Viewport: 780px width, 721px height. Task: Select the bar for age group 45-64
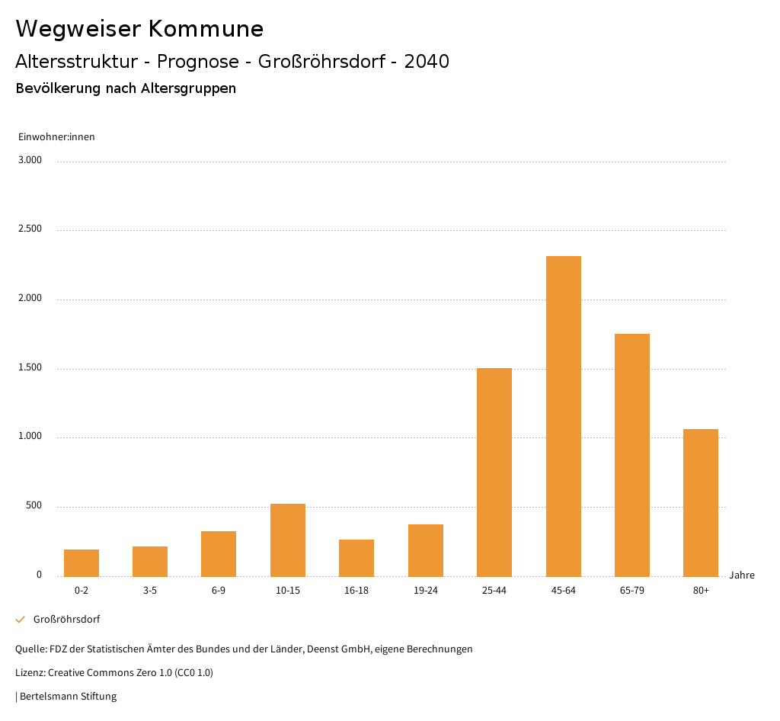(x=563, y=416)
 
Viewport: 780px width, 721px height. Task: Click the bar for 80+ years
(x=701, y=502)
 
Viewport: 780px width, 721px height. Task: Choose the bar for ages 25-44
(x=494, y=472)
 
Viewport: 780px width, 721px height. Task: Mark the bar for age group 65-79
(x=632, y=455)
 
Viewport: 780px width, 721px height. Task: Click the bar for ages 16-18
(x=356, y=558)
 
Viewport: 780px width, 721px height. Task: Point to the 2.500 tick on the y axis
(x=30, y=229)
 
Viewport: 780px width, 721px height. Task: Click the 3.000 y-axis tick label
(x=30, y=160)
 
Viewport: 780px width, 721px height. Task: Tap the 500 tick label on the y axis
(x=34, y=506)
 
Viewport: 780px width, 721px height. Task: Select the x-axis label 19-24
(x=425, y=591)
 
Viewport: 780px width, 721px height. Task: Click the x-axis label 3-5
(x=150, y=591)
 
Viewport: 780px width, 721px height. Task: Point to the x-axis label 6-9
(x=219, y=591)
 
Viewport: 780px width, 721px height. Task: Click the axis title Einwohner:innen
(x=56, y=137)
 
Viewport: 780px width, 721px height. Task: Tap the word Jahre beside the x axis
(x=742, y=575)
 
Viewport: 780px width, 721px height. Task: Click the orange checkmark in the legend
(x=21, y=620)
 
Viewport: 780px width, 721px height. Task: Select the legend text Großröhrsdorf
(x=66, y=620)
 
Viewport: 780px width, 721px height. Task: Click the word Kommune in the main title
(x=206, y=29)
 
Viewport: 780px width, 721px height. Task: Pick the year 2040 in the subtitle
(x=427, y=62)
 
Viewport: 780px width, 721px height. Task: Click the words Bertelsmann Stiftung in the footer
(x=68, y=697)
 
